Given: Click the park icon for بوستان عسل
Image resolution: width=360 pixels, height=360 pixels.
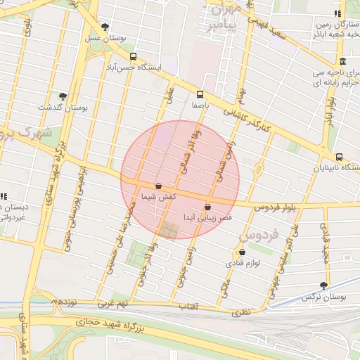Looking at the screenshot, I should tap(105, 27).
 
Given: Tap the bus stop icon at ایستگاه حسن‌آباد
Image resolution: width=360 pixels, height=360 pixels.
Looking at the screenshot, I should tap(133, 56).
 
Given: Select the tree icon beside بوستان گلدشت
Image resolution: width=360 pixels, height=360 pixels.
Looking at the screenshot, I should tap(63, 96).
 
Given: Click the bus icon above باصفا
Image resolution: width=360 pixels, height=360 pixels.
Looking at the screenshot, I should tap(200, 94).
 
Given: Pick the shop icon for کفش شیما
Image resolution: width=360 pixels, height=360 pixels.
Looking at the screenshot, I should tap(158, 186).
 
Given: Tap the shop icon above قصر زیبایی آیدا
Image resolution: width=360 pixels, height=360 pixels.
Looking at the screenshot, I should tap(207, 207).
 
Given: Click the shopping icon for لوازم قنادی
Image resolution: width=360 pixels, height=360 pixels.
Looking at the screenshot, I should tap(243, 252).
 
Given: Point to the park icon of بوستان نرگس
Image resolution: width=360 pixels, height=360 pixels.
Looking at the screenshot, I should tap(323, 285).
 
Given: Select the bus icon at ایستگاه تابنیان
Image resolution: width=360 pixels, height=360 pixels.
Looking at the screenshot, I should tap(340, 157).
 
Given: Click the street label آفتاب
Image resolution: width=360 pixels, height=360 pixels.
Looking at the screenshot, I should tap(188, 307).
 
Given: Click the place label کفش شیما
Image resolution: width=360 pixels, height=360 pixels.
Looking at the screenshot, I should tap(158, 197).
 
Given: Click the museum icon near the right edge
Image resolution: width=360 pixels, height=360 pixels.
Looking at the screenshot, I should tap(342, 60).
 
